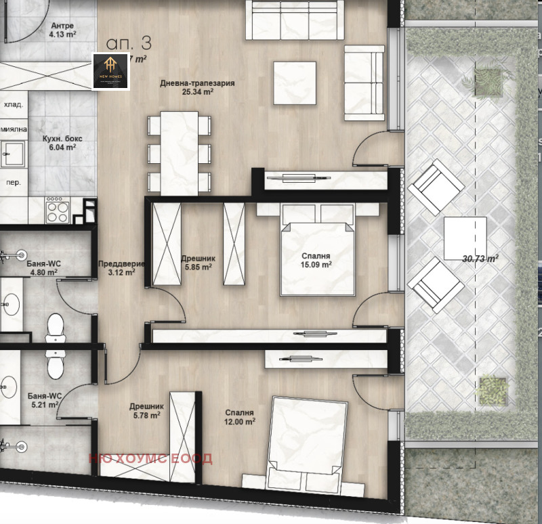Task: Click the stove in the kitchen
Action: coord(57,210)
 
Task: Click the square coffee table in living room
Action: coord(295,83)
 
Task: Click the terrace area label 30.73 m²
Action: coord(480,258)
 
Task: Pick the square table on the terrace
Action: coord(465,238)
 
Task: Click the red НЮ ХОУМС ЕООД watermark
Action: coord(150,458)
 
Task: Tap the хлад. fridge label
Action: coord(13,105)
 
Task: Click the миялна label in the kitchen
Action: coord(13,129)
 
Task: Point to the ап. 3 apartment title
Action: coord(129,43)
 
